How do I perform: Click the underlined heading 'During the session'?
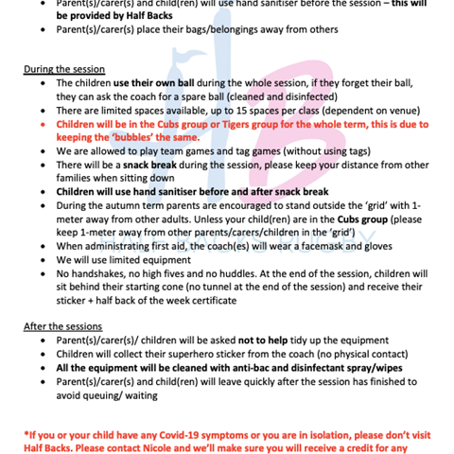point(63,70)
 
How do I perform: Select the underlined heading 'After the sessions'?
point(62,326)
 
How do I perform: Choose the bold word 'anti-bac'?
point(249,367)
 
